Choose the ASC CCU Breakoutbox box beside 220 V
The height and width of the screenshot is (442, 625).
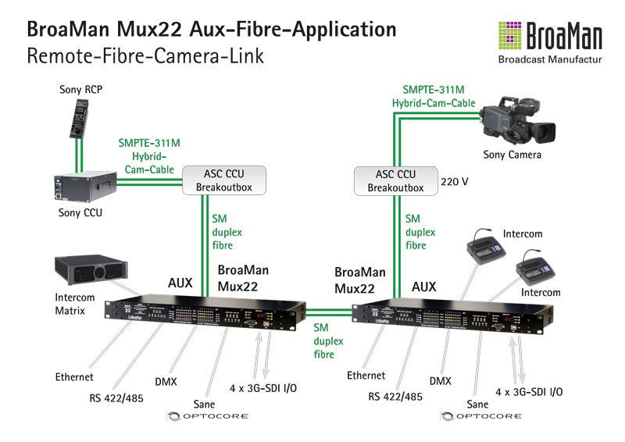point(395,180)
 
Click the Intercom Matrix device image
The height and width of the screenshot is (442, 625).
point(87,270)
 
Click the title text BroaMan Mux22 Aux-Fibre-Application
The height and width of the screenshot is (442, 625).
point(211,30)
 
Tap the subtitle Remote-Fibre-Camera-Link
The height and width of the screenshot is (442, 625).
point(145,55)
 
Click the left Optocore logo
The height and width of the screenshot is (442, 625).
point(207,416)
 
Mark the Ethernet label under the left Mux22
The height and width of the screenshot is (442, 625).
point(74,377)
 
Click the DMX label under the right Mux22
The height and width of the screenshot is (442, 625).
point(440,380)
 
